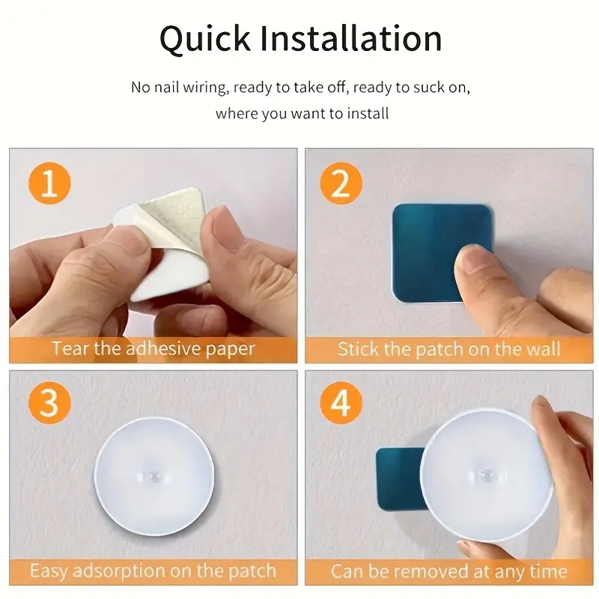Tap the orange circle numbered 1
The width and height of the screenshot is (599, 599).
point(49,183)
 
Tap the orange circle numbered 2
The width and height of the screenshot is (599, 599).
point(341,183)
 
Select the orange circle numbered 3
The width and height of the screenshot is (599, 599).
point(49,404)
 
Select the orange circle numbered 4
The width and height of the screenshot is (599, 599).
point(341,404)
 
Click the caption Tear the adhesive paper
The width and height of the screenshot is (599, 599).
point(153,349)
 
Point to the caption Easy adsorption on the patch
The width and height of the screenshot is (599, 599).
point(153,571)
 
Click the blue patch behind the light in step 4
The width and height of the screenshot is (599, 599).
point(397,479)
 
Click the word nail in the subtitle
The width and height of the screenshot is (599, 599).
point(171,88)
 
